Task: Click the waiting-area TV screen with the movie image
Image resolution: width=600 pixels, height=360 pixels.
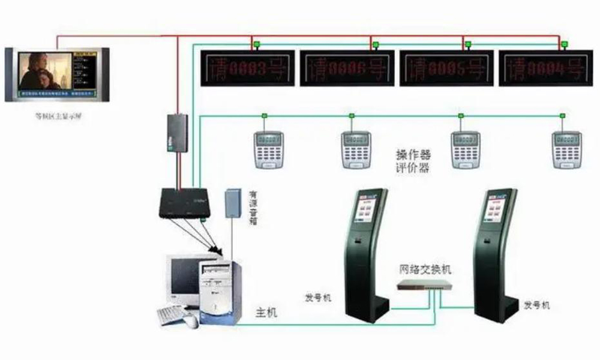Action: tap(45, 72)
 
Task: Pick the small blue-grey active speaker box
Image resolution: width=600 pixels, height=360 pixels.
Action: tap(232, 204)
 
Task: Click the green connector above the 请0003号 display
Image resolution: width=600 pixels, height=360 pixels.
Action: tap(256, 44)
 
